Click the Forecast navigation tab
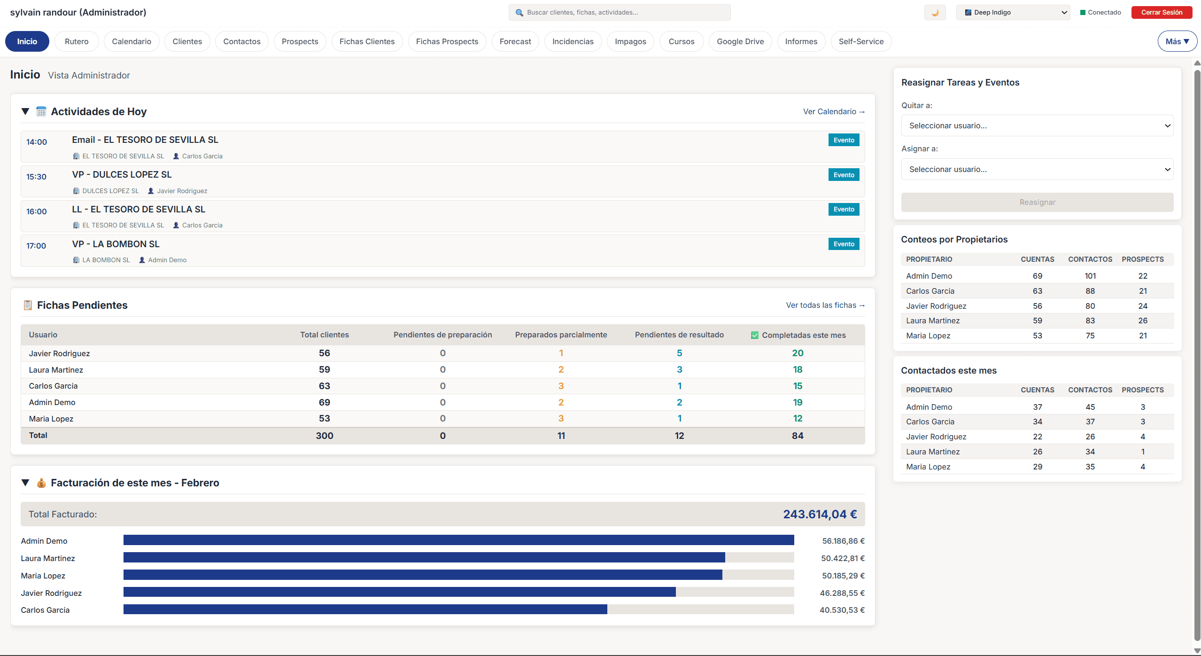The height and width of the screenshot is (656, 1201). click(x=515, y=41)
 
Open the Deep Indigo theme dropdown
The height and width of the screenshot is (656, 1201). click(x=1013, y=13)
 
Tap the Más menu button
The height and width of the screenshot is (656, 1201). click(x=1177, y=41)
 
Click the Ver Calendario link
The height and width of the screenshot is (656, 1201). click(x=833, y=111)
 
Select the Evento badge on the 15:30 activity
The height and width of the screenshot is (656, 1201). click(x=843, y=175)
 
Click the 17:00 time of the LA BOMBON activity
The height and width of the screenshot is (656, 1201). click(x=36, y=246)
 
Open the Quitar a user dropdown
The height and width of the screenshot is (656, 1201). click(x=1037, y=125)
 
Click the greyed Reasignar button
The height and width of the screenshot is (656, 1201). click(x=1037, y=202)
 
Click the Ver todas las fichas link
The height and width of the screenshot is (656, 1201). click(x=825, y=305)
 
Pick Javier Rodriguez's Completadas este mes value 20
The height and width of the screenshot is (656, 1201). click(x=797, y=353)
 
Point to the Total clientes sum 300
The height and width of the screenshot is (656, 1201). click(x=324, y=436)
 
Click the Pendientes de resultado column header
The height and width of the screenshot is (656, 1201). click(x=679, y=335)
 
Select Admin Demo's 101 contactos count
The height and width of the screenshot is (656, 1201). click(x=1090, y=276)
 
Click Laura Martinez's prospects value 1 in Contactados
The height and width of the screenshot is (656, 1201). click(x=1142, y=452)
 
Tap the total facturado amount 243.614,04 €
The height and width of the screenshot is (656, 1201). click(x=819, y=514)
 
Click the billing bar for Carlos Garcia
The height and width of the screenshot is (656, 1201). click(x=365, y=609)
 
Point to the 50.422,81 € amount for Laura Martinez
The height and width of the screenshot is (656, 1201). click(x=842, y=558)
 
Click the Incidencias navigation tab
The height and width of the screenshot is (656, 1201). click(x=573, y=41)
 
